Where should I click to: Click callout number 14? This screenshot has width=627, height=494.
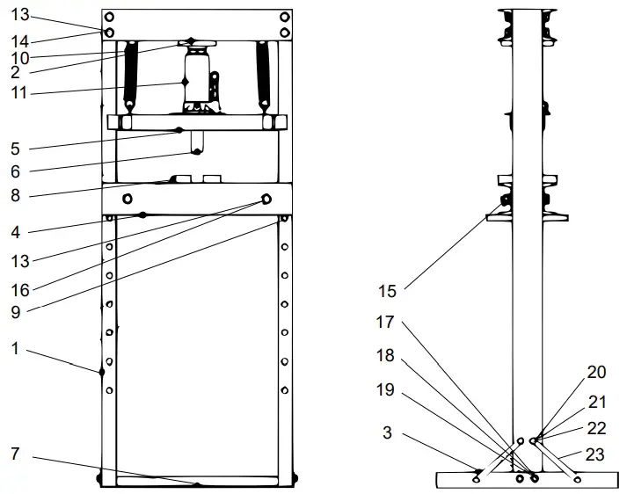[19, 41]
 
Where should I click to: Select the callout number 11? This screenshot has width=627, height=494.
[19, 91]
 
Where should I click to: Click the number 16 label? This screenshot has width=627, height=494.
[19, 288]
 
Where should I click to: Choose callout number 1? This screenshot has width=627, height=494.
[15, 348]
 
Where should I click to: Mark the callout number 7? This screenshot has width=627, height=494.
[15, 454]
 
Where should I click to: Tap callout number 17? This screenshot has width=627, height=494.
[385, 323]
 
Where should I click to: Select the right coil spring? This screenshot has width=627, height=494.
[262, 76]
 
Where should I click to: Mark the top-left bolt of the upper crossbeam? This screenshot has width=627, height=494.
[109, 17]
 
